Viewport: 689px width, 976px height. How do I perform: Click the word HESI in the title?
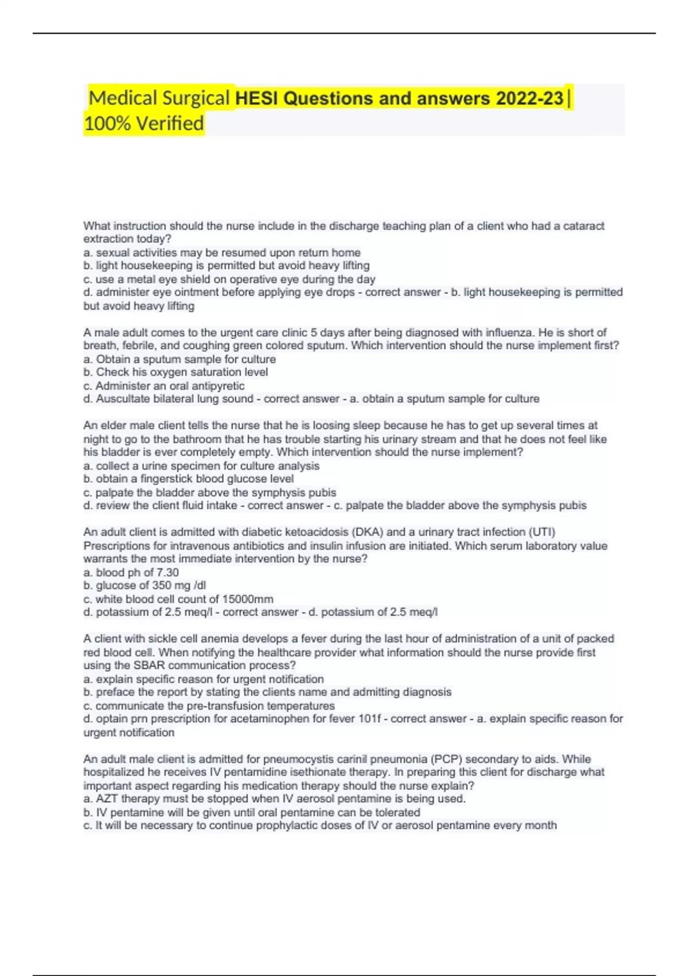tap(257, 98)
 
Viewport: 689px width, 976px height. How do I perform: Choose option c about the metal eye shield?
tap(230, 279)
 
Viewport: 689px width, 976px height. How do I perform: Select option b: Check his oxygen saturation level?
tap(176, 372)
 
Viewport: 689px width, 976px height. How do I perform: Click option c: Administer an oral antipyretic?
tap(164, 386)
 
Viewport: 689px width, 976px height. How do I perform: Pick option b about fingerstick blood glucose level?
tap(189, 479)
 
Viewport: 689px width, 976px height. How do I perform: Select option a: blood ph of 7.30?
tap(131, 572)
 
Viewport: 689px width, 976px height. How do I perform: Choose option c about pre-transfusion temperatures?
tap(209, 706)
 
